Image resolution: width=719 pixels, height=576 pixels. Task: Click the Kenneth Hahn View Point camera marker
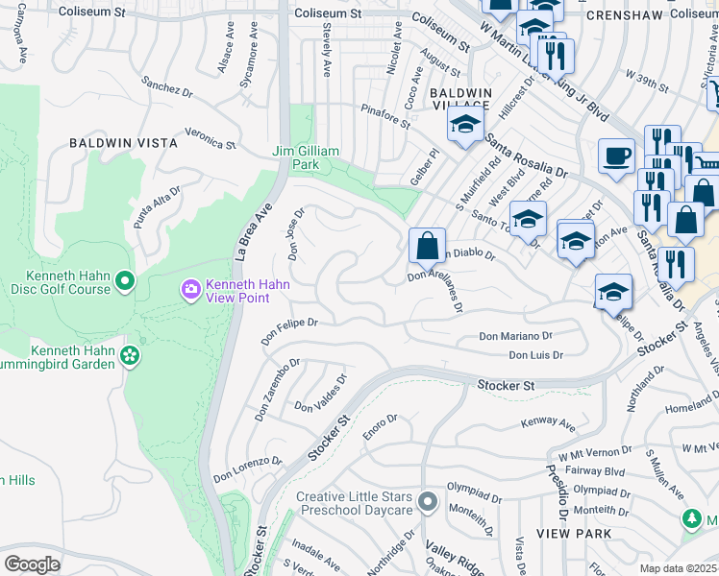pyautogui.click(x=190, y=288)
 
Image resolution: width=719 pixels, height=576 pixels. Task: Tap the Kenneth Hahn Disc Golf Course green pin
pyautogui.click(x=124, y=281)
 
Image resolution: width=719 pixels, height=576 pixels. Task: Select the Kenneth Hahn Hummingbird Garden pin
pyautogui.click(x=131, y=357)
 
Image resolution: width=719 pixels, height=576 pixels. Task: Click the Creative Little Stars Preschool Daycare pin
pyautogui.click(x=428, y=502)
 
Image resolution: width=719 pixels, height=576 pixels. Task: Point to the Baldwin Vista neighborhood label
pyautogui.click(x=123, y=143)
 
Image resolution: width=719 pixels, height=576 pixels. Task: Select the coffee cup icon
pyautogui.click(x=615, y=156)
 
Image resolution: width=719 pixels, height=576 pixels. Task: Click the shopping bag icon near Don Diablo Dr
pyautogui.click(x=427, y=246)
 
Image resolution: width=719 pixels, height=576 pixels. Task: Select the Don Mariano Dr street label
pyautogui.click(x=515, y=337)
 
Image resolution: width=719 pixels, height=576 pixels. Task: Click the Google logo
pyautogui.click(x=32, y=564)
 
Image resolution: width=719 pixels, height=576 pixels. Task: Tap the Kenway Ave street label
pyautogui.click(x=547, y=423)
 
